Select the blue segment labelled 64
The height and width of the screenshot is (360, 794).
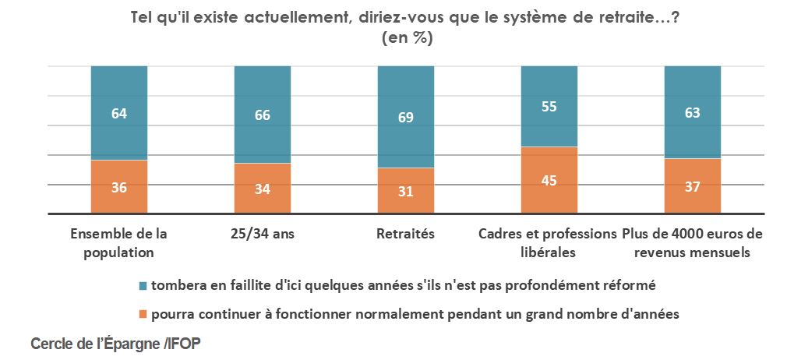[118, 113]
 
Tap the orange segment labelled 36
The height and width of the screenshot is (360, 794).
[118, 187]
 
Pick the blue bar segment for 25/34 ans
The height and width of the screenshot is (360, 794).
[263, 115]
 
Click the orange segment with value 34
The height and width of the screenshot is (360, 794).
[263, 189]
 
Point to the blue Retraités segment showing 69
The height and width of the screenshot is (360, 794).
[405, 117]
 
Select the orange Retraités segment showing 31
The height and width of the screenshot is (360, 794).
[405, 191]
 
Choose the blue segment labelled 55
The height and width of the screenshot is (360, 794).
[549, 107]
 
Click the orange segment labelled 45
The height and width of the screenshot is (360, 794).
[549, 180]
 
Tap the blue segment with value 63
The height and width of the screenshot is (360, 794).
[692, 112]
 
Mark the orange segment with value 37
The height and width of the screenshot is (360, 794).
[692, 186]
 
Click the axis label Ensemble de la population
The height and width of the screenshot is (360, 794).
[118, 243]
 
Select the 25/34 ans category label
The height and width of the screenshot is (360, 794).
[263, 234]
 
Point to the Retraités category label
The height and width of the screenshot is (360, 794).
[405, 234]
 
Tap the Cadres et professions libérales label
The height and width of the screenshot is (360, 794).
[549, 243]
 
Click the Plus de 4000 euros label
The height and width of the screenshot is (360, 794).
[692, 243]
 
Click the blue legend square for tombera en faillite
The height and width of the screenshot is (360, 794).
[143, 286]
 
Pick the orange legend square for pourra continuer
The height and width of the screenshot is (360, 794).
[143, 315]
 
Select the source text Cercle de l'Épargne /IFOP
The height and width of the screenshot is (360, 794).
[115, 344]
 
